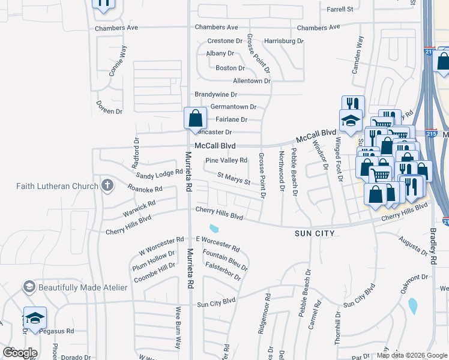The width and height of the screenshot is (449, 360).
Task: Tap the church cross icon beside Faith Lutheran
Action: tap(107, 185)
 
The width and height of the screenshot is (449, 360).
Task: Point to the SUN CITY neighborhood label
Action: tap(314, 232)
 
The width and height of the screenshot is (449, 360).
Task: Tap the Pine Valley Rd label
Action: tap(226, 160)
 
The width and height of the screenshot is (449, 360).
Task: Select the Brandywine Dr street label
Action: tap(216, 95)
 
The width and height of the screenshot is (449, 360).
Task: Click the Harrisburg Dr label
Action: tap(284, 41)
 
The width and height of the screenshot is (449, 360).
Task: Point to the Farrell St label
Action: tap(340, 10)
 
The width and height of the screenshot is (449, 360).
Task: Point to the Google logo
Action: tap(20, 353)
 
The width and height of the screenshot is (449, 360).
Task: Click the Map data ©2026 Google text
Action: tap(411, 355)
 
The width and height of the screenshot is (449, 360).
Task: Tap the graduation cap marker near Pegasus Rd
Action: tap(35, 317)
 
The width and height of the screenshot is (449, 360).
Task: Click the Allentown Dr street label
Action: tap(252, 80)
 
